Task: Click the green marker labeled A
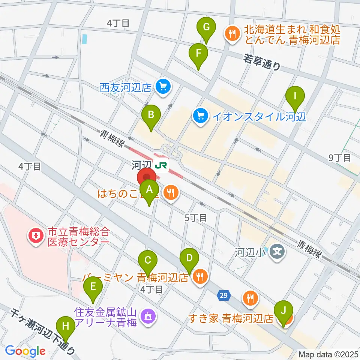click(x=149, y=190)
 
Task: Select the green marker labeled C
click(x=148, y=260)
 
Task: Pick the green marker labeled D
click(x=189, y=258)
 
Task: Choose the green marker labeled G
click(x=206, y=27)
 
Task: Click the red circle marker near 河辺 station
click(x=147, y=177)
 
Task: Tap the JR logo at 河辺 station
click(x=162, y=165)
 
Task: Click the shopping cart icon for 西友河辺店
click(x=163, y=87)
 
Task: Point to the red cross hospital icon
click(x=36, y=237)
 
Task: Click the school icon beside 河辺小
click(x=277, y=250)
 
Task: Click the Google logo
click(x=25, y=351)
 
